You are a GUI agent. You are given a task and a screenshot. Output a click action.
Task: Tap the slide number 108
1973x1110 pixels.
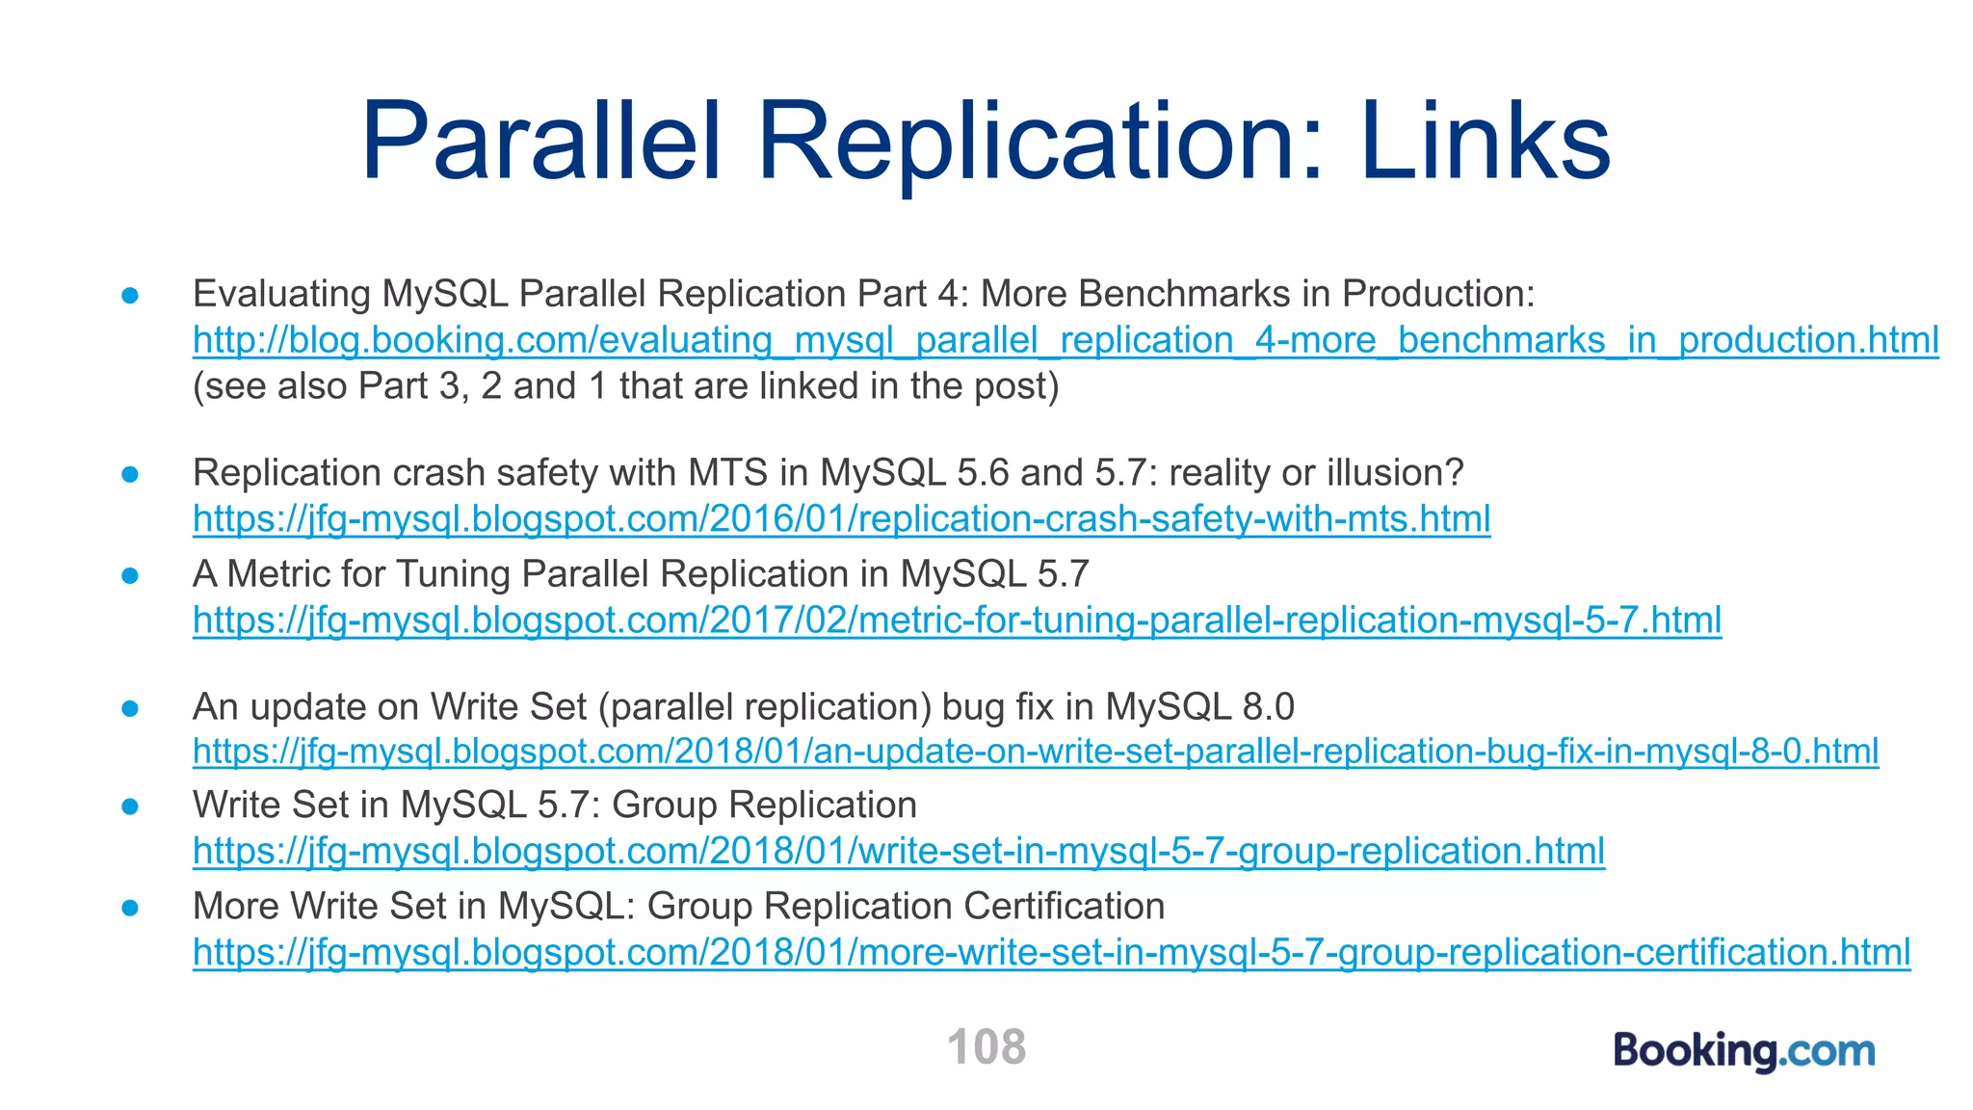coord(986,1046)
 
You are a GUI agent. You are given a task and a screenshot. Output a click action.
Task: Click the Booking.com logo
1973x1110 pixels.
coord(1745,1050)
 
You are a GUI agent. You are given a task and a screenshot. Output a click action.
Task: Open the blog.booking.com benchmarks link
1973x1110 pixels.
coord(1065,340)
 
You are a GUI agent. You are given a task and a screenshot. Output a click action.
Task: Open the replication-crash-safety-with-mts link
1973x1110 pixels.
coord(841,519)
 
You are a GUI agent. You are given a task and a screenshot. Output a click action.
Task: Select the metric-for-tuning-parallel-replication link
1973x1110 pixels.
coord(957,620)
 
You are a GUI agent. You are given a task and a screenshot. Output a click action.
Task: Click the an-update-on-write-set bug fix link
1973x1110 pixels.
coord(1036,751)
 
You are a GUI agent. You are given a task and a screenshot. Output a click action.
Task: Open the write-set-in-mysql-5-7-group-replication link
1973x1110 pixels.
coord(898,851)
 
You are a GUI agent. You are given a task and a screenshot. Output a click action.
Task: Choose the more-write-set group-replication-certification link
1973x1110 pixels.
coord(1051,952)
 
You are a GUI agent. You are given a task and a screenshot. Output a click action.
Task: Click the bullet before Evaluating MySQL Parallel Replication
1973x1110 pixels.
coord(131,295)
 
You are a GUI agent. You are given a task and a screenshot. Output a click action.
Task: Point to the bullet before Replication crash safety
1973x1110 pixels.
coord(131,474)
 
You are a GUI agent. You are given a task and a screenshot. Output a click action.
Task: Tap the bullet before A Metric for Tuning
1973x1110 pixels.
coord(131,575)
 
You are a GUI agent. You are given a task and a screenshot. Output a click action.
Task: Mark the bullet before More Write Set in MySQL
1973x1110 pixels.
coord(131,908)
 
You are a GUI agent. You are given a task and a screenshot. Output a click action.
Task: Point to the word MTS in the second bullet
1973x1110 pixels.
coord(727,473)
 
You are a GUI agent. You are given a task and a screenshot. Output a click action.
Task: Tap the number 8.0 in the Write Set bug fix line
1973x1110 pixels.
coord(1268,706)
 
